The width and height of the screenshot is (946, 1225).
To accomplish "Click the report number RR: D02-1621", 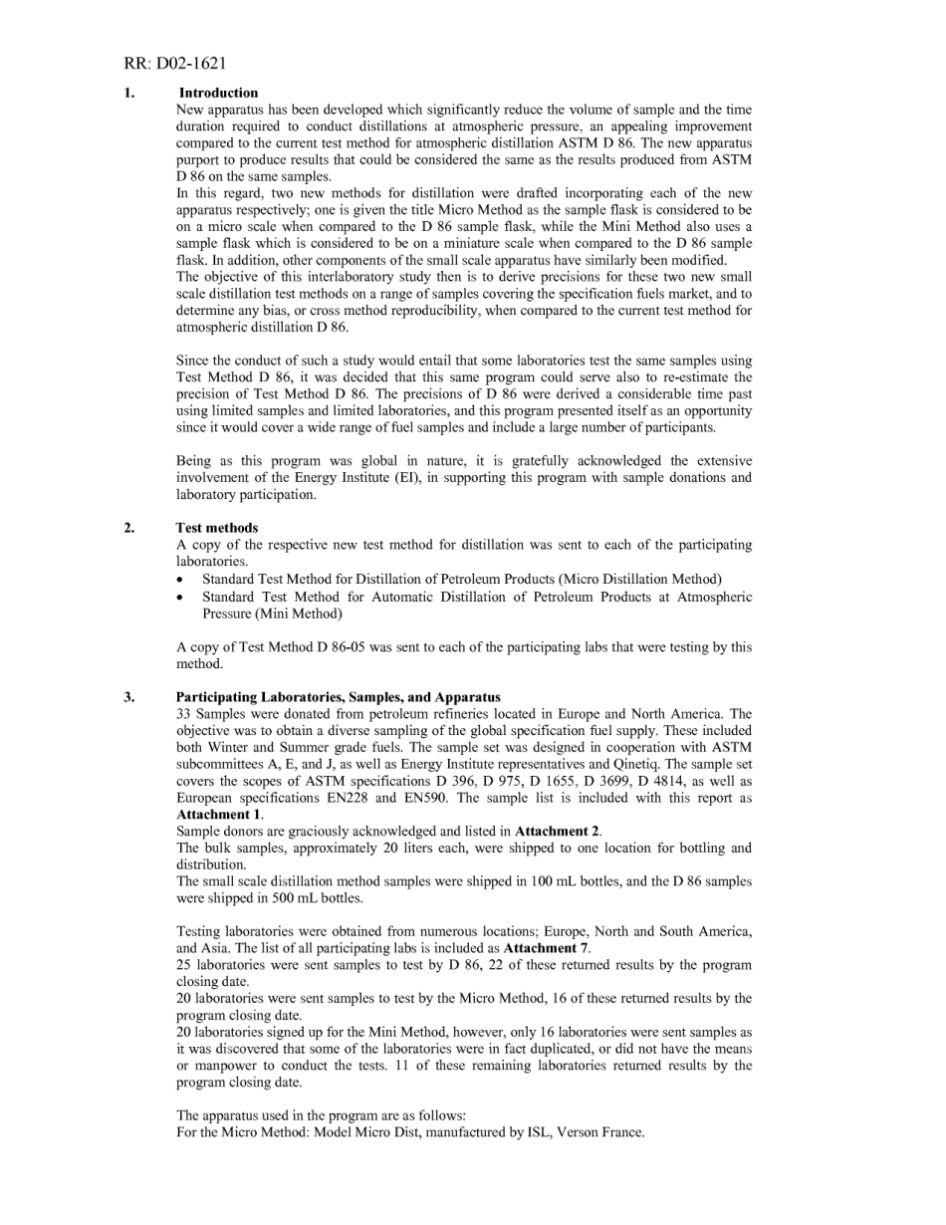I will [175, 64].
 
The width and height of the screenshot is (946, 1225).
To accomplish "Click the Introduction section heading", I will [218, 93].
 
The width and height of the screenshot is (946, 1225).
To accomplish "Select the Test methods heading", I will [217, 528].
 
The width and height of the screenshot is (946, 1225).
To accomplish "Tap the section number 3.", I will [129, 697].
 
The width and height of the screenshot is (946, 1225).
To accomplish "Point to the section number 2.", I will [129, 528].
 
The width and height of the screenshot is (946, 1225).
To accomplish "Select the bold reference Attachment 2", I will [558, 831].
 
